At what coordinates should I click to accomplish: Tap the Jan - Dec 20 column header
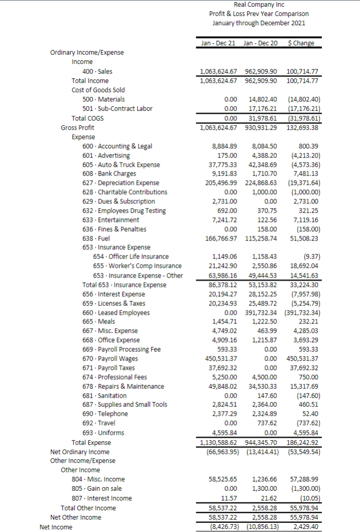click(260, 43)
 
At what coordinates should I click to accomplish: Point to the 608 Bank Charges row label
click(109, 174)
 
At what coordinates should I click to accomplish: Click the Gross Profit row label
click(77, 127)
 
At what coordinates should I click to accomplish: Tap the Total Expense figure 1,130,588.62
click(218, 442)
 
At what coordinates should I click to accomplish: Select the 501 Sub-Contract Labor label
click(117, 108)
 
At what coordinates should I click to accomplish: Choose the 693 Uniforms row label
click(103, 433)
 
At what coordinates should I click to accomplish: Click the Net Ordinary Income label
click(80, 452)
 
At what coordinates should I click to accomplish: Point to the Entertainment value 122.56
click(267, 220)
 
